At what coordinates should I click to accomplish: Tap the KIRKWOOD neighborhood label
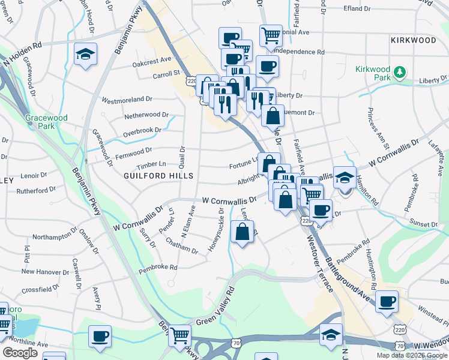413,40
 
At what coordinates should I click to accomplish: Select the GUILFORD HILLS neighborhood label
158,176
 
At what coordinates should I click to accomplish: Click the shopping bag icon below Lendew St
241,233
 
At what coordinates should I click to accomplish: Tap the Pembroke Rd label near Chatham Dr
158,267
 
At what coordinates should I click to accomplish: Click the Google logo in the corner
20,353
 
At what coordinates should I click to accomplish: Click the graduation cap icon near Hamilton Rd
345,177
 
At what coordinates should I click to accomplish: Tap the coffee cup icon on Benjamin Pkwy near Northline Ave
100,335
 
